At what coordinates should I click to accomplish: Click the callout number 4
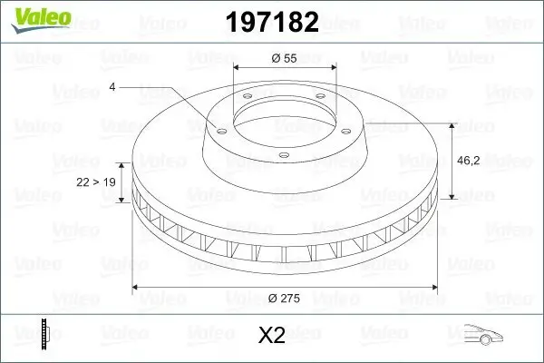click(112, 86)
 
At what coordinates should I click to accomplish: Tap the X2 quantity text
click(272, 336)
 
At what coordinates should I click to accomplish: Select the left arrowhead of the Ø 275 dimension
click(137, 288)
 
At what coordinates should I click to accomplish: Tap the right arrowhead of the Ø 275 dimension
click(434, 288)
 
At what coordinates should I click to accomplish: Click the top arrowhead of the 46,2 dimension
click(453, 122)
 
